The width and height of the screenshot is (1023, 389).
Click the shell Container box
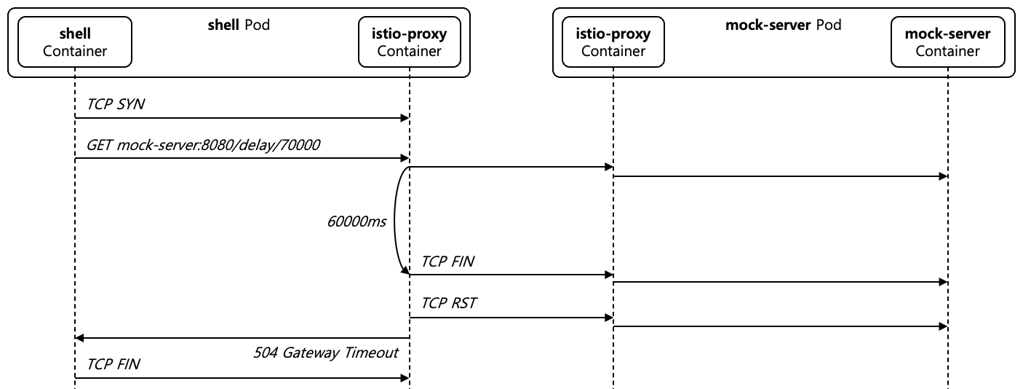tap(74, 42)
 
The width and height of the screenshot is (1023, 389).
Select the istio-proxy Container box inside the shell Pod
tap(409, 42)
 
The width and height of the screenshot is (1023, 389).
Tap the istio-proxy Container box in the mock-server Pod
tap(613, 42)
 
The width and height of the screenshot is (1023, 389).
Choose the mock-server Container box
tap(947, 42)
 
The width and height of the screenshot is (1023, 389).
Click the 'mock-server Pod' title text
tap(783, 25)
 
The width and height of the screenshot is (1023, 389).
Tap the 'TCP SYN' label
tap(116, 104)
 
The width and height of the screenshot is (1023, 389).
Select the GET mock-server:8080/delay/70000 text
tap(204, 145)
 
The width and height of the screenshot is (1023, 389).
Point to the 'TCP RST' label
tap(448, 303)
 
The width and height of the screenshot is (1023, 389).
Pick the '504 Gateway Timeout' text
tap(326, 353)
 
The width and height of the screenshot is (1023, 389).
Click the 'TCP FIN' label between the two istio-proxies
tap(447, 262)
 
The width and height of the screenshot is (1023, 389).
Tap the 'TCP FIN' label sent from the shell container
tap(113, 364)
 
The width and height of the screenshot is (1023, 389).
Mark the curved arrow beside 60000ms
tap(397, 221)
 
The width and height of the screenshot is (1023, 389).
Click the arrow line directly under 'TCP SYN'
tap(240, 118)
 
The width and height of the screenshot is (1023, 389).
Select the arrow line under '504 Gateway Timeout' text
tap(240, 338)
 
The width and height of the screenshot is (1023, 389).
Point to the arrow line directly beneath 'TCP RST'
tap(509, 318)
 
